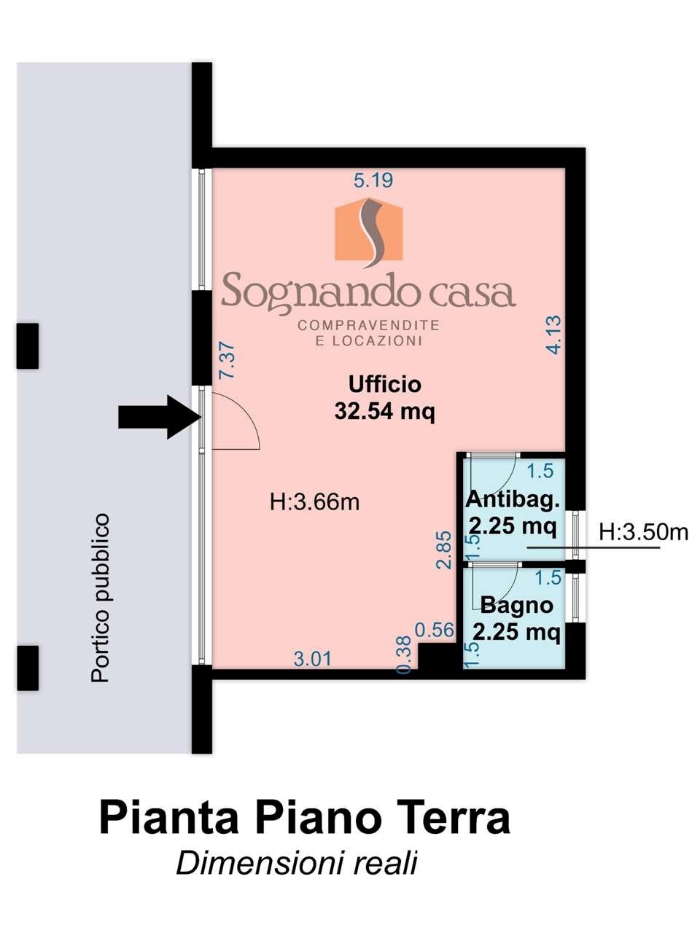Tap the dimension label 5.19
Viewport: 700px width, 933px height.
[373, 180]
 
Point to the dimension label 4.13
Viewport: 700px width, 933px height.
[553, 335]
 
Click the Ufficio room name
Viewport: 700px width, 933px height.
[384, 384]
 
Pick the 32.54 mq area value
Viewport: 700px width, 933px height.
[384, 412]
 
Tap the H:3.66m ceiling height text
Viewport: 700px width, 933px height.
[314, 502]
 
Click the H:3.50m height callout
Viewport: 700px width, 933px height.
[643, 533]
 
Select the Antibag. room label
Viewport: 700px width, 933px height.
[513, 500]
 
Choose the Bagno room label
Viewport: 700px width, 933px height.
[516, 605]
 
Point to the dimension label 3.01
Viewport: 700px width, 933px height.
[312, 659]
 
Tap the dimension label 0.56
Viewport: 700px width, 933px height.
[434, 630]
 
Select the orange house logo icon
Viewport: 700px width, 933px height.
[369, 230]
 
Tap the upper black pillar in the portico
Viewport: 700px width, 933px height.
[28, 346]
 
